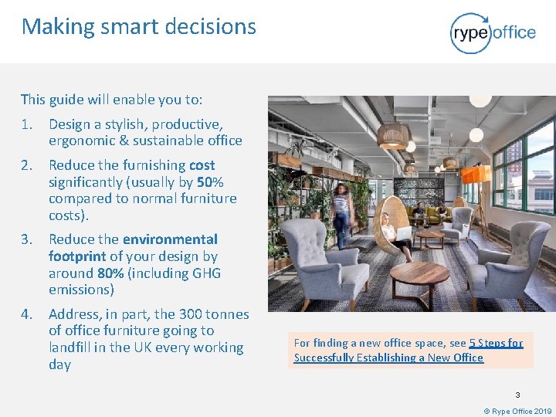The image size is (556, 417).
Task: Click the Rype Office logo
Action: pos(493,32)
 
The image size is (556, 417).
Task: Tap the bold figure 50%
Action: pos(210,182)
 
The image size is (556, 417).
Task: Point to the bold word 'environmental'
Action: pos(170,239)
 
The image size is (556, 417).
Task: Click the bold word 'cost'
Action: pos(201,165)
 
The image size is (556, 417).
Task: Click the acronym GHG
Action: pos(205,273)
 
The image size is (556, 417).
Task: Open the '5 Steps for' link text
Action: pos(496,343)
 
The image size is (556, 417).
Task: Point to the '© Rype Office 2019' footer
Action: pos(517,412)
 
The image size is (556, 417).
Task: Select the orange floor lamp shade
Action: pos(475,175)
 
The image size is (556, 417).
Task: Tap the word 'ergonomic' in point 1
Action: pos(82,141)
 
